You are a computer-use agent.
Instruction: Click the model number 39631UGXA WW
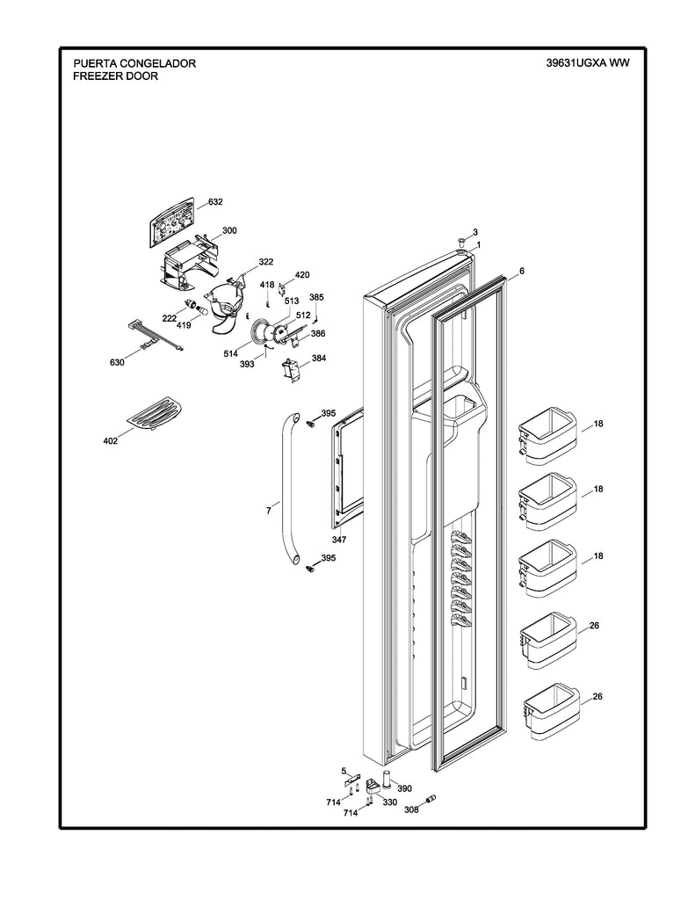(588, 63)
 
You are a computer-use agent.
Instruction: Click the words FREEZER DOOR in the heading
(116, 76)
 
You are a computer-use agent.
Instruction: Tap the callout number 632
(215, 202)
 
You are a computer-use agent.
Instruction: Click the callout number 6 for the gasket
(521, 272)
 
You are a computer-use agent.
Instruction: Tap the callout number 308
(411, 809)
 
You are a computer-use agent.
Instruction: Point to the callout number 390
(404, 788)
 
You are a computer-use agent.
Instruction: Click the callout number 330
(389, 802)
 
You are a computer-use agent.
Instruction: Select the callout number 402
(110, 440)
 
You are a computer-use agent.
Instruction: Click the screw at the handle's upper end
(311, 424)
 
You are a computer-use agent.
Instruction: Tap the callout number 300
(229, 230)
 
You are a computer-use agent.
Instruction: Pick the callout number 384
(317, 359)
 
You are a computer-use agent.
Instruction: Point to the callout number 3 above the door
(474, 232)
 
